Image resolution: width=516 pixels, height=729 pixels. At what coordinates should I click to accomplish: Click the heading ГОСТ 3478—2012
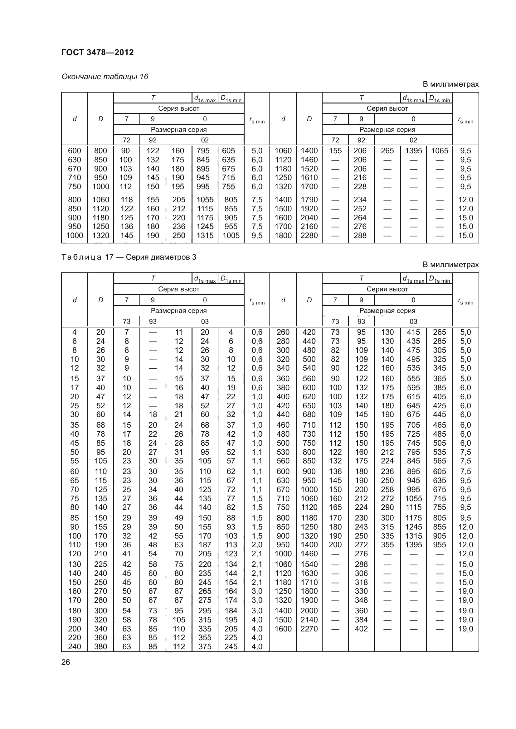point(98,52)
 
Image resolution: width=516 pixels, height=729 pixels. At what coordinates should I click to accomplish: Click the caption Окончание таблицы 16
point(105,77)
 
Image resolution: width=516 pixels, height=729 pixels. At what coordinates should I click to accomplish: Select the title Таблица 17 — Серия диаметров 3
point(129,257)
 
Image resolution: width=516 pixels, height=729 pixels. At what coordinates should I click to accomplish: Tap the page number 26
point(66,662)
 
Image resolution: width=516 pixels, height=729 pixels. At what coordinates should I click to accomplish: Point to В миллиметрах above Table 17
point(450,265)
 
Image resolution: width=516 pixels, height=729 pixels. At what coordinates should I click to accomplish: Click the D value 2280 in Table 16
point(309,236)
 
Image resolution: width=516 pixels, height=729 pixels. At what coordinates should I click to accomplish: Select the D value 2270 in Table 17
point(309,629)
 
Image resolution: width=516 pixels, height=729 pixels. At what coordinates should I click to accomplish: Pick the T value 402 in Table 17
point(361,629)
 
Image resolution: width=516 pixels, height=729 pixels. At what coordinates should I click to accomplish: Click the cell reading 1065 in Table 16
point(440,151)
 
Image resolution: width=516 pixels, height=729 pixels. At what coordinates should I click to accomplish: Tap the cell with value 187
point(205,544)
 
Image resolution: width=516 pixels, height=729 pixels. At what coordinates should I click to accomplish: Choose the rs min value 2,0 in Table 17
point(257,544)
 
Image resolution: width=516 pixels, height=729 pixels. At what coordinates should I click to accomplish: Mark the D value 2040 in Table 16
point(309,218)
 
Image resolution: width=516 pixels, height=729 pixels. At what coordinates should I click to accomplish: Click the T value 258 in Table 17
point(387,489)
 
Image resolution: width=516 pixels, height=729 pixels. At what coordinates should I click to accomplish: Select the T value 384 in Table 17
point(361,620)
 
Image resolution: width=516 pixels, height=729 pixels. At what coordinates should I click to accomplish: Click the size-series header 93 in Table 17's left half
point(153,321)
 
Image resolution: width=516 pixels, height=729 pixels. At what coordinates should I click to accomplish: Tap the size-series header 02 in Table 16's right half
point(413,140)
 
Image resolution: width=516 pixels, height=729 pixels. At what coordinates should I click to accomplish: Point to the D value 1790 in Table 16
point(309,200)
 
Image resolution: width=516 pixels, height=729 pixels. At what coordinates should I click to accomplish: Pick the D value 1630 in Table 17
point(309,573)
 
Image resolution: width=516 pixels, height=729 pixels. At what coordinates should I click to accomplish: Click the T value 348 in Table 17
point(361,600)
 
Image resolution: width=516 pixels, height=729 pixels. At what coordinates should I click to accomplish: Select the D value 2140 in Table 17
point(309,620)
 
